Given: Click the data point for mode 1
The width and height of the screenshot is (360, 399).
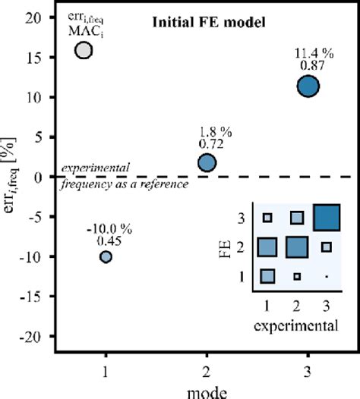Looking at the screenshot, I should tap(106, 257).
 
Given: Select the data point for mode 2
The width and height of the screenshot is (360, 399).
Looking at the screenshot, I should tap(207, 162).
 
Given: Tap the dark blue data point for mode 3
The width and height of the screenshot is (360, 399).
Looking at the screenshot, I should tap(308, 86).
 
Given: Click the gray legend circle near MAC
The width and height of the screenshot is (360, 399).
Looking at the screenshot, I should tap(84, 50).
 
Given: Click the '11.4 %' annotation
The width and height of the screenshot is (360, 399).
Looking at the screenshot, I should tap(308, 53).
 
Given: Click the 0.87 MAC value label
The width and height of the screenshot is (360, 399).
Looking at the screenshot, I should tap(308, 66).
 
